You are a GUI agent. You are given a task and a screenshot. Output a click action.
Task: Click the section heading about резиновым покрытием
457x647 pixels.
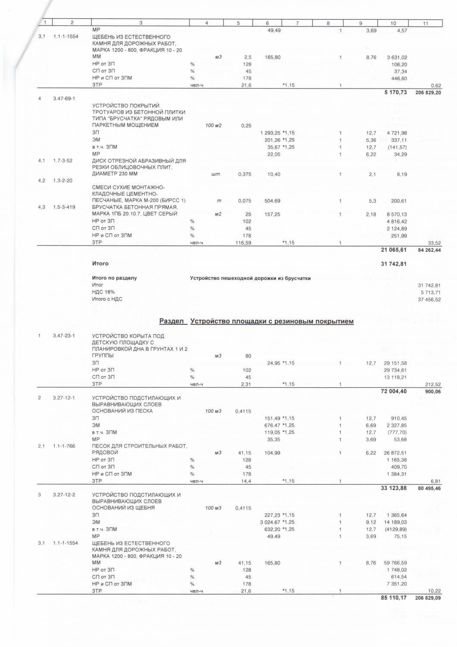[x=257, y=321]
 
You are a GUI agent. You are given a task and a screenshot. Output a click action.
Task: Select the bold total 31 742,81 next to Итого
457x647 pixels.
[x=394, y=264]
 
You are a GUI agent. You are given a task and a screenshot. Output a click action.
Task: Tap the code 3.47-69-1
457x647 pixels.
[x=64, y=98]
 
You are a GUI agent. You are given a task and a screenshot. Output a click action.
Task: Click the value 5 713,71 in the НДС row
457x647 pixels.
[x=429, y=292]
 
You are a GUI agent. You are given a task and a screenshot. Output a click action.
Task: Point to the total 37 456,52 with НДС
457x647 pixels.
[x=429, y=299]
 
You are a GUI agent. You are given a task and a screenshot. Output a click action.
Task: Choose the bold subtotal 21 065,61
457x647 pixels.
[x=394, y=250]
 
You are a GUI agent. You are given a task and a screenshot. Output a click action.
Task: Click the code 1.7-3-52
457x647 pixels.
[x=63, y=160]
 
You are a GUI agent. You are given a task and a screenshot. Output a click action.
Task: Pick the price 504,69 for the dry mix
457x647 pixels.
[x=272, y=201]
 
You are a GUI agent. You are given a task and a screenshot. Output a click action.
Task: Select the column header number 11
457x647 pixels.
[x=425, y=23]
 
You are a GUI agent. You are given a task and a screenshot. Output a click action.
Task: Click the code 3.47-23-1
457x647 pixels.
[x=64, y=336]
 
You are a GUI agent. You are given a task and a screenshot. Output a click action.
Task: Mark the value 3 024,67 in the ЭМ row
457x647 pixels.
[x=272, y=522]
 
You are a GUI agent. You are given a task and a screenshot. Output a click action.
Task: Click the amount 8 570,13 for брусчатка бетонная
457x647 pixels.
[x=397, y=214]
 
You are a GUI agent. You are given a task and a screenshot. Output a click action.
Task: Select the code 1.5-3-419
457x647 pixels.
[x=64, y=207]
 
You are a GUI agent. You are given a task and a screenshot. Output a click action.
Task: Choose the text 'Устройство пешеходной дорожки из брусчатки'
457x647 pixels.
[x=250, y=278]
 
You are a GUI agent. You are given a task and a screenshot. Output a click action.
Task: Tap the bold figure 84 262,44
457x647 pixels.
[x=429, y=250]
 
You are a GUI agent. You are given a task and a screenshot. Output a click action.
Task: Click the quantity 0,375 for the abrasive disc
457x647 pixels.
[x=244, y=174]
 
